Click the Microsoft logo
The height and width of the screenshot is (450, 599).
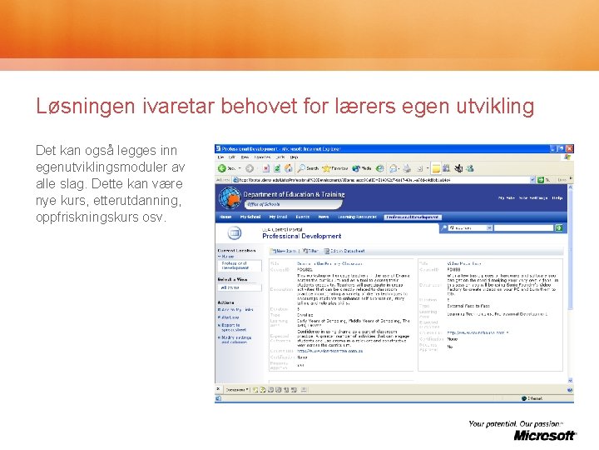544,435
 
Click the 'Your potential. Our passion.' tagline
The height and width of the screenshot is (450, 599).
521,423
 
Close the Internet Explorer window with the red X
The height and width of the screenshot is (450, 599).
569,148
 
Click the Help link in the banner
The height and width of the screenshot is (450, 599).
557,198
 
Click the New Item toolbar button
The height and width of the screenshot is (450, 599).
284,250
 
